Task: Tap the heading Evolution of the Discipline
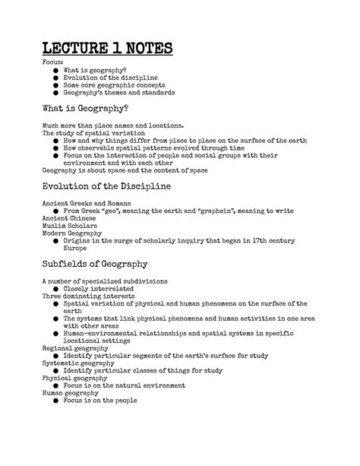click(x=106, y=185)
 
